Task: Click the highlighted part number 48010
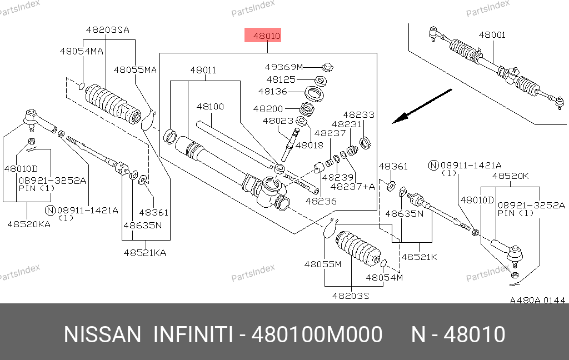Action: [267, 37]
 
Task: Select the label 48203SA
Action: [107, 30]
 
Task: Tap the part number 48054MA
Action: [82, 51]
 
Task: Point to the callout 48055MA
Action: [136, 70]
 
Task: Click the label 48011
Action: [203, 71]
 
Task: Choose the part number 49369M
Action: [283, 67]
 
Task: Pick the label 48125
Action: [281, 79]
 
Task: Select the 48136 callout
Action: [272, 91]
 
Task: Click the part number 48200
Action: [268, 109]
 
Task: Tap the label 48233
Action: [358, 115]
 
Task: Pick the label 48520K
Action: [509, 176]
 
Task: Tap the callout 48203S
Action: [351, 296]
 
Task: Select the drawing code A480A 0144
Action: [537, 300]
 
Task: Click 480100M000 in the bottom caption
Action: [317, 335]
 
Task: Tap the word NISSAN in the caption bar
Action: [103, 335]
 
